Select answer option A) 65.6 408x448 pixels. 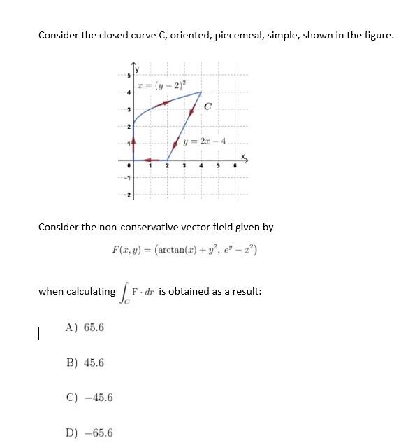[x=85, y=327]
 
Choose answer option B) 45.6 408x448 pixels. [x=85, y=363]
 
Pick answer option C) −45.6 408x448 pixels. [x=89, y=398]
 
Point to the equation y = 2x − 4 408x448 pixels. [x=201, y=141]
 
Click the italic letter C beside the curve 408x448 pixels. [x=209, y=106]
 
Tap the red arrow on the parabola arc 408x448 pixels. [x=165, y=103]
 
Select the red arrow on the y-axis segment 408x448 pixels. [x=135, y=143]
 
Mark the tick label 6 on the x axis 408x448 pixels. [x=235, y=166]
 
